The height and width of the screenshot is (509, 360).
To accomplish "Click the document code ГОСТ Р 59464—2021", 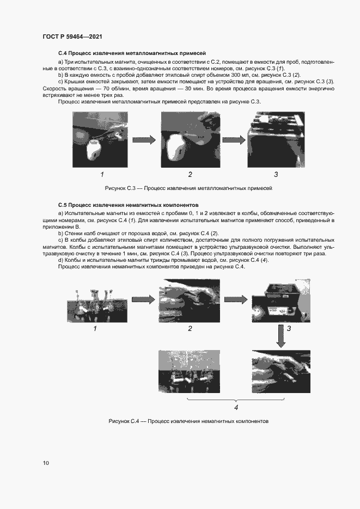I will coord(72,36).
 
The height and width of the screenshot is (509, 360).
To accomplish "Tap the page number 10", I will coord(46,463).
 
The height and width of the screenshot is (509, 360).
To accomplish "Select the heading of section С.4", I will coord(131,53).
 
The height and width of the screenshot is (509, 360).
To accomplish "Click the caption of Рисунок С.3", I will coord(188,188).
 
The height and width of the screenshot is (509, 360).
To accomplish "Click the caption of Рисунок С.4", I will coord(188,421).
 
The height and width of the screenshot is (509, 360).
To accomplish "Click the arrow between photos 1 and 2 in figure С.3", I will coord(145,140).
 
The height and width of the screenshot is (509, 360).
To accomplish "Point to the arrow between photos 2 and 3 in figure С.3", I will coord(233,140).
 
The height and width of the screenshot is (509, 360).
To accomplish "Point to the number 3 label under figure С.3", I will coord(276,175).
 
